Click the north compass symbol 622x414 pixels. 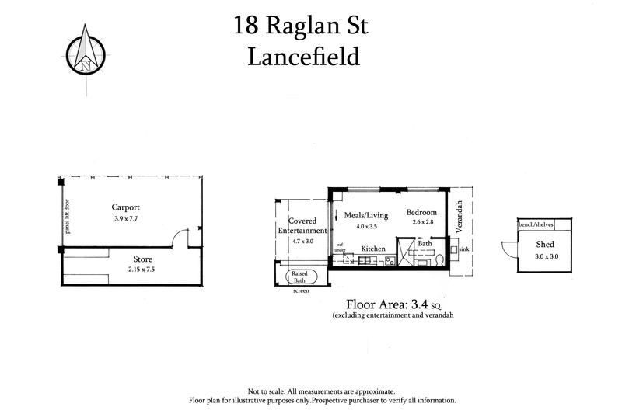[85, 50]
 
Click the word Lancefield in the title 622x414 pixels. [303, 57]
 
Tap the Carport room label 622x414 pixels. [124, 207]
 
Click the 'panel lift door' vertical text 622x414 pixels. [68, 214]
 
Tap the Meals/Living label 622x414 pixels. [361, 215]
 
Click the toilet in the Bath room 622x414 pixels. [439, 260]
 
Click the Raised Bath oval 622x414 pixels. [299, 277]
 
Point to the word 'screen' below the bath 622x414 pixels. [300, 291]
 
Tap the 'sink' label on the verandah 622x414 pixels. [463, 249]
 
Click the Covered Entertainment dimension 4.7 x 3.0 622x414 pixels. [302, 242]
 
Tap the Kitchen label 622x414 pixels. [373, 249]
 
